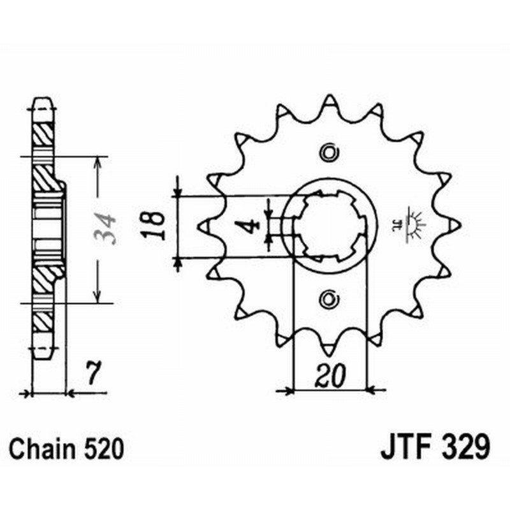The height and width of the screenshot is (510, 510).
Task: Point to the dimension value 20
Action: tap(330, 377)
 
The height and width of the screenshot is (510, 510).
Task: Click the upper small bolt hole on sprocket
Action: tap(329, 152)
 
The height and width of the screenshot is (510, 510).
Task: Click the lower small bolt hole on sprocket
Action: tap(329, 297)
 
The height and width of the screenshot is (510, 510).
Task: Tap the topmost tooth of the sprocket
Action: tap(329, 101)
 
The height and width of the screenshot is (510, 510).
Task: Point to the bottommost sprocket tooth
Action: tap(329, 349)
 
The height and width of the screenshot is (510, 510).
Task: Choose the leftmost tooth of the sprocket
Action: tap(204, 225)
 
